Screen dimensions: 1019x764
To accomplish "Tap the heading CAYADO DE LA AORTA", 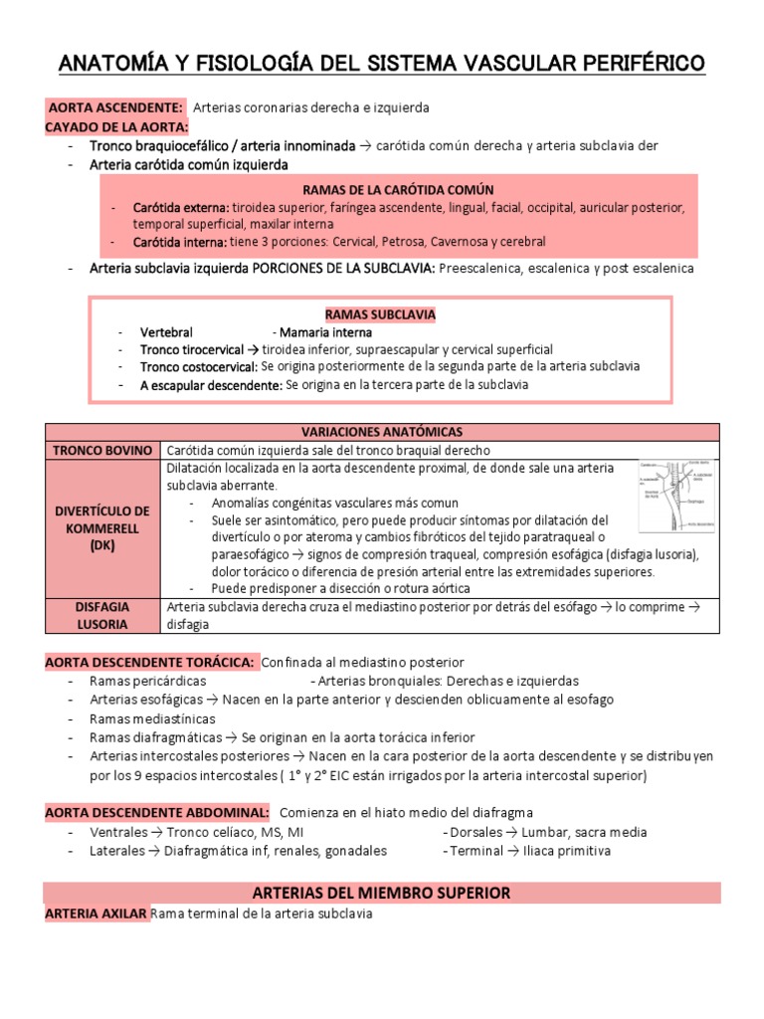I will [116, 126].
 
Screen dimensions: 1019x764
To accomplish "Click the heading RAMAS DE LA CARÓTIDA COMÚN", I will [397, 190].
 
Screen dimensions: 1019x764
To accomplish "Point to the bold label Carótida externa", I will [180, 208].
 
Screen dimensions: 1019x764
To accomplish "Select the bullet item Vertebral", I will [167, 332].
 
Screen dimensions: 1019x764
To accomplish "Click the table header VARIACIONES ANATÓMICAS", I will [382, 432].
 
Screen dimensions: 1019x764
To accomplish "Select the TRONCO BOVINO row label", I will [102, 451].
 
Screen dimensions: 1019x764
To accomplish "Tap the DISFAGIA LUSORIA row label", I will [102, 615].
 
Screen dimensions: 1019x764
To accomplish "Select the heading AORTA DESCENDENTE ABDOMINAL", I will [157, 813].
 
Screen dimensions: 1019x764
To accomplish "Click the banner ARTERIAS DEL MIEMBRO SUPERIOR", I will [382, 893].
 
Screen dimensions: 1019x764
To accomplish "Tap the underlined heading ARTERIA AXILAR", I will [96, 914].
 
